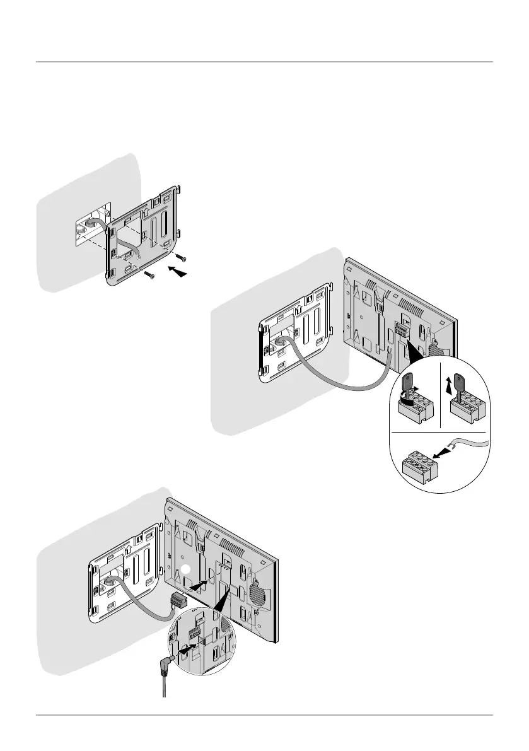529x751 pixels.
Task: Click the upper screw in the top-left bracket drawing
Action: click(182, 257)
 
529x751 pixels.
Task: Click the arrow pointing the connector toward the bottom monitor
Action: click(201, 585)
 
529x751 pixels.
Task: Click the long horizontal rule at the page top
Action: click(264, 62)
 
